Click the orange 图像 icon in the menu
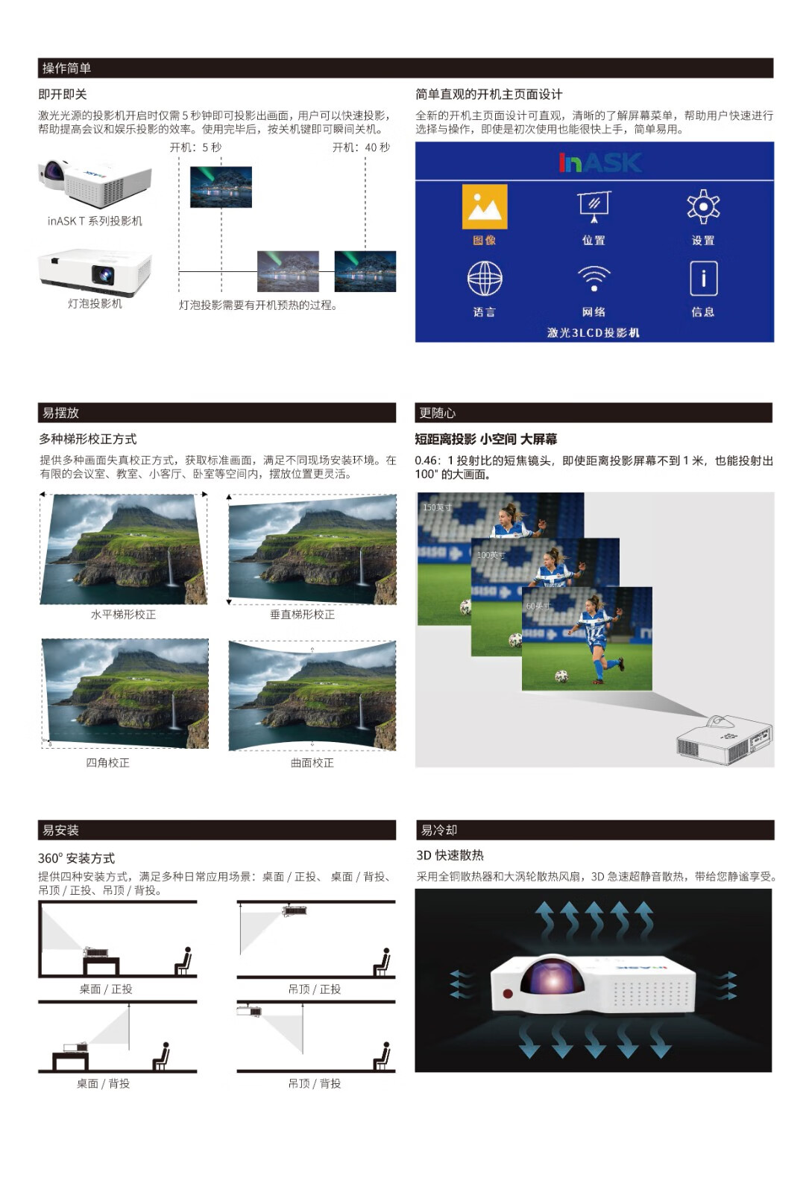(484, 206)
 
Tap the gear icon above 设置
(703, 206)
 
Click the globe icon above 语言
(485, 278)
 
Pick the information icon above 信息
(703, 278)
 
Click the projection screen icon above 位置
(594, 206)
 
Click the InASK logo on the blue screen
(600, 162)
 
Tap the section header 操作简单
(66, 68)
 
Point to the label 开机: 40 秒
(361, 148)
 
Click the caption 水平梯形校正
(123, 615)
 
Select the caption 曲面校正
(312, 763)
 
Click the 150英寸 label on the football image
(437, 507)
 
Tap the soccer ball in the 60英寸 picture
(561, 676)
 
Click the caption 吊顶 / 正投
(314, 989)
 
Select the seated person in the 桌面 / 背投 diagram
(161, 1056)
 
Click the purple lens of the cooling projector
(552, 980)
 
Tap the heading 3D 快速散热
(450, 855)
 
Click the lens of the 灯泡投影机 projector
(103, 275)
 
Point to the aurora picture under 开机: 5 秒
(221, 187)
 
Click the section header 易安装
(60, 830)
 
